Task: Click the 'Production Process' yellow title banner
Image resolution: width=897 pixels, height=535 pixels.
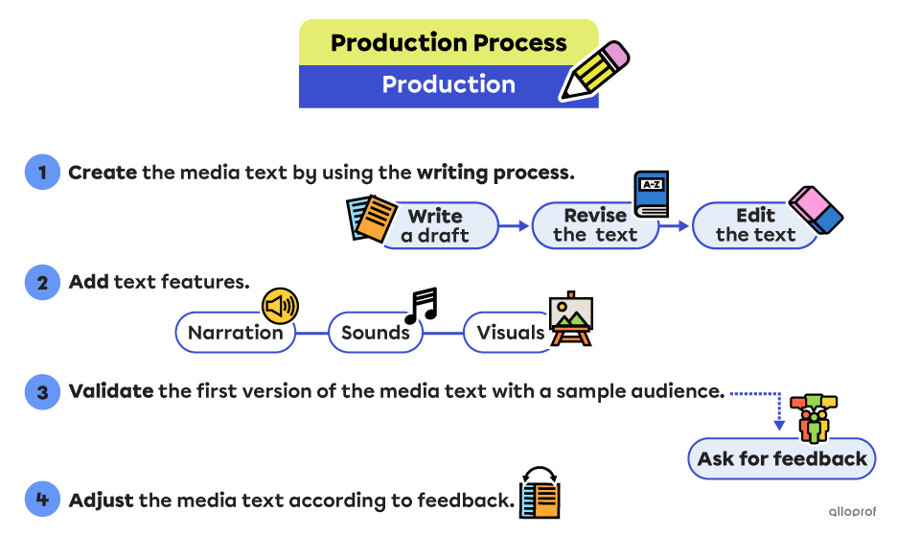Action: [448, 43]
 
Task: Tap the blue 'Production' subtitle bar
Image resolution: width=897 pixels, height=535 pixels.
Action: [448, 85]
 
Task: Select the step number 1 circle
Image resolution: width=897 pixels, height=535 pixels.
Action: [42, 173]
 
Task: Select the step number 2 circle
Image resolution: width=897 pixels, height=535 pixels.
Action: [42, 283]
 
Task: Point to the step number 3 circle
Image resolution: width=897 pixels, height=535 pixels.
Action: [42, 392]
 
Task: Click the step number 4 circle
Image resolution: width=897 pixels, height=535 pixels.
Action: [42, 500]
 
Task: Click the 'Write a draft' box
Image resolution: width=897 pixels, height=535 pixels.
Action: [436, 226]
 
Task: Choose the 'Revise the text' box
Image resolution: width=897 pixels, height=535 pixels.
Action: [595, 226]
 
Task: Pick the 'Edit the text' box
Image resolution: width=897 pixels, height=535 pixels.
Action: [755, 226]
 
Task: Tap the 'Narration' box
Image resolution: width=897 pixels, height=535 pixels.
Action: [236, 334]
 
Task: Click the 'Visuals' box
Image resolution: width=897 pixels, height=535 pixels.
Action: [511, 334]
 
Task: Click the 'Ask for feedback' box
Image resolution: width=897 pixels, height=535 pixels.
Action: [782, 458]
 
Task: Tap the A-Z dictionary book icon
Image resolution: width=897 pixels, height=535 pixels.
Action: [651, 194]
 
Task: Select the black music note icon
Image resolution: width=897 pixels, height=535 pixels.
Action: [421, 304]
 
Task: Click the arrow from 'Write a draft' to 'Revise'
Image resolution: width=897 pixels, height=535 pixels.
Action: [515, 226]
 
